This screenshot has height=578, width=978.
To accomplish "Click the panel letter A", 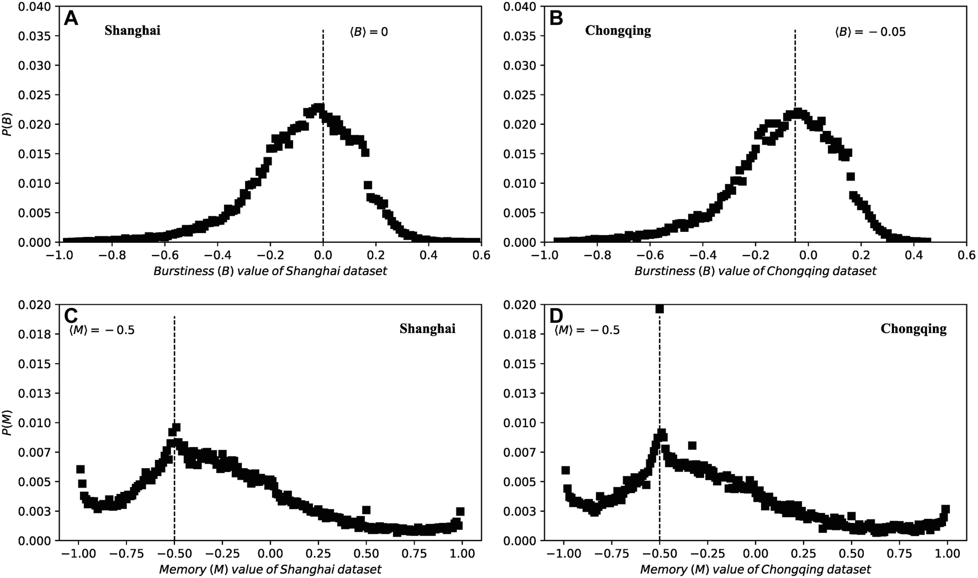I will pos(72,19).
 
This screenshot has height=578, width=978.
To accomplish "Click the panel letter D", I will pos(557,316).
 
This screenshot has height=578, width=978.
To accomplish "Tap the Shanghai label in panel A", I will pos(132,31).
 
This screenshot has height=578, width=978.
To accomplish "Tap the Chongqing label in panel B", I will pos(618,31).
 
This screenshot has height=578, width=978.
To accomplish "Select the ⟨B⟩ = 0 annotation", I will pos(369,32).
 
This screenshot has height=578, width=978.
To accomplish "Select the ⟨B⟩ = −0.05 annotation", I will pos(870,32).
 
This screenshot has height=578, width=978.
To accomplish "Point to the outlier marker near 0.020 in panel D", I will pos(659,309).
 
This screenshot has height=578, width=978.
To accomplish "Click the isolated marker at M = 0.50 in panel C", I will pos(366,510).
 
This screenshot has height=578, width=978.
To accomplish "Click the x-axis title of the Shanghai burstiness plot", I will pos(270,271).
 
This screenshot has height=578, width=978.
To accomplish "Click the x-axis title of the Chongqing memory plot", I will pos(756,569).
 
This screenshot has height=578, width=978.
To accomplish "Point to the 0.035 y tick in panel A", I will pos(36,36).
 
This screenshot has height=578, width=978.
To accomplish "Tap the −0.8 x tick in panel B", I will pos(594,256).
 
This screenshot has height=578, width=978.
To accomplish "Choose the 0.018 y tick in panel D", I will pos(522,334).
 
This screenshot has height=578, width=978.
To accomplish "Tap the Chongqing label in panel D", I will pos(913,329).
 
